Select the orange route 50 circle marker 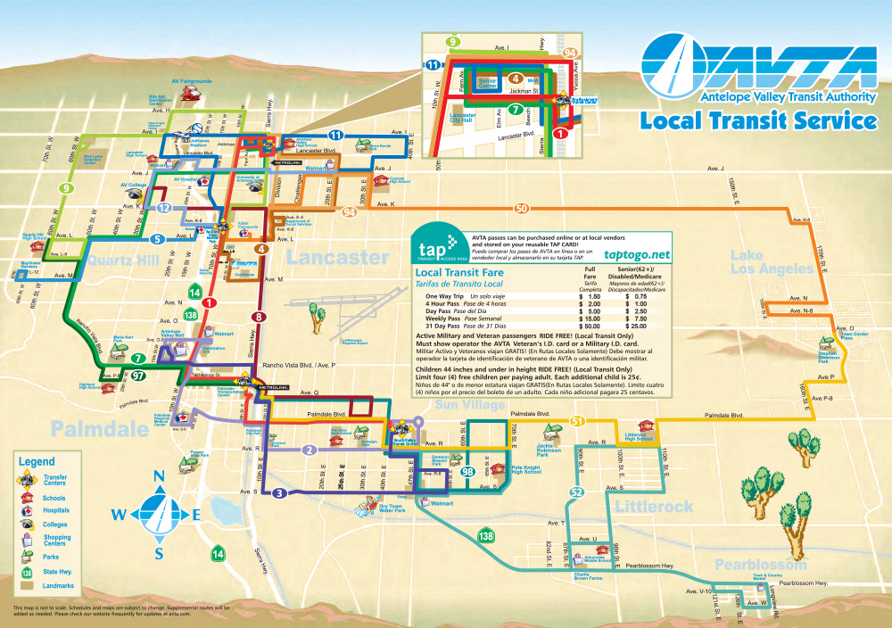point(521,208)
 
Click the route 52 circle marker point(576,492)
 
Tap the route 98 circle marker point(467,470)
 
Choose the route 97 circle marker point(137,376)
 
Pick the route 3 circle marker point(279,493)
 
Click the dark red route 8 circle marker point(259,316)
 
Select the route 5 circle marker point(156,239)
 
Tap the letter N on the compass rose point(159,476)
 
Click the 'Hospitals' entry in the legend point(54,511)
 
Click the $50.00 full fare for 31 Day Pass point(588,326)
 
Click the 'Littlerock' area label point(653,507)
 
